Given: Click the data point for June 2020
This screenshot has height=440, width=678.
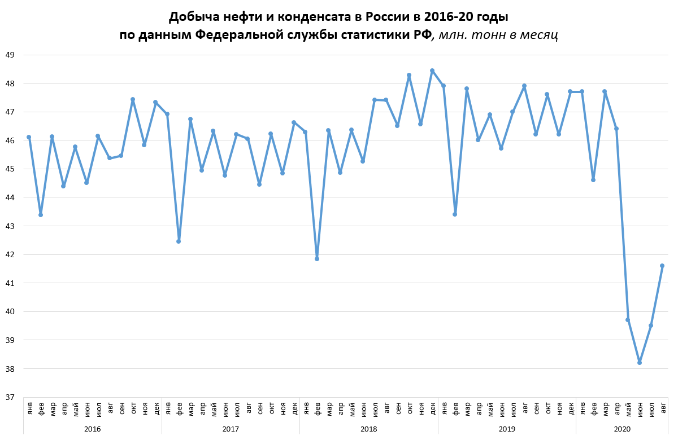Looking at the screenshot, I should [x=640, y=363].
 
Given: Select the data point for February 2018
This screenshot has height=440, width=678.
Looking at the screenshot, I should [x=317, y=259].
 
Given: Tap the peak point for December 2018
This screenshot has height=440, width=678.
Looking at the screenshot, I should [x=432, y=71].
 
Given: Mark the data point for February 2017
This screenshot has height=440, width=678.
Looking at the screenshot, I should [x=179, y=241].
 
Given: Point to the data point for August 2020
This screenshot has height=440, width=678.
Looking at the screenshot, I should [x=662, y=266].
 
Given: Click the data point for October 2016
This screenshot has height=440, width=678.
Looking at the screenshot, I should [x=133, y=99].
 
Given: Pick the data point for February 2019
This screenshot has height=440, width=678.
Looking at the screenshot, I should [x=455, y=214].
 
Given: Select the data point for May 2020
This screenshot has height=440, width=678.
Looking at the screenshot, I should [x=628, y=320].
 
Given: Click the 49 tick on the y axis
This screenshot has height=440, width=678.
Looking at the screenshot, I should [x=10, y=55].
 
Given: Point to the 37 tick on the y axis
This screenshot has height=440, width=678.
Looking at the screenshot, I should [x=10, y=397].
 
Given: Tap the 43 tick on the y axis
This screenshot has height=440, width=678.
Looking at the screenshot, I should [x=10, y=226].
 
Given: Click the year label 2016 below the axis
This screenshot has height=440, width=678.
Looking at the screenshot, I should [x=92, y=429].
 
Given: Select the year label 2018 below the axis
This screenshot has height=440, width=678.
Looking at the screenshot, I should [x=369, y=429].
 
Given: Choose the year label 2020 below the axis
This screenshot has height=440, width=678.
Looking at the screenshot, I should [x=622, y=429].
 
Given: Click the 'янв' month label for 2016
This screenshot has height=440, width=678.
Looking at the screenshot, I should [x=29, y=407].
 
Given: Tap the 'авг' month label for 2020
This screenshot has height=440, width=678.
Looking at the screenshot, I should [x=663, y=407].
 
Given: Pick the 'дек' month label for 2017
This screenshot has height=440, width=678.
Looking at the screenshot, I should [x=294, y=407].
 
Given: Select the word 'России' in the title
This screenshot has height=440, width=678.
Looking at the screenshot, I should [x=392, y=16].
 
